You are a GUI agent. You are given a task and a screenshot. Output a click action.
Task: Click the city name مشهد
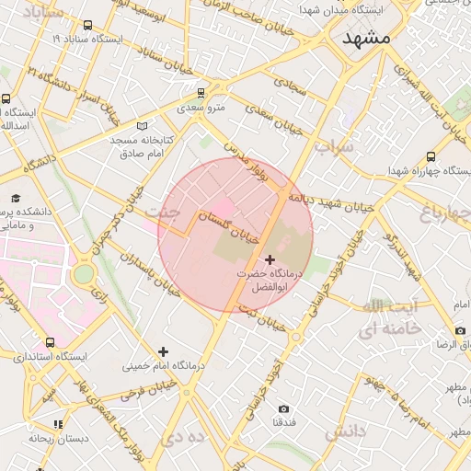[366, 38]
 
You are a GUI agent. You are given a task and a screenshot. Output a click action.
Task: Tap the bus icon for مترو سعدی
[201, 93]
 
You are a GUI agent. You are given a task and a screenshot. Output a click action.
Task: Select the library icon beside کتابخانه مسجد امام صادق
[141, 126]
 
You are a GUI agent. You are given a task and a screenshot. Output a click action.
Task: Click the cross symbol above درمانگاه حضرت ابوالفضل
[270, 260]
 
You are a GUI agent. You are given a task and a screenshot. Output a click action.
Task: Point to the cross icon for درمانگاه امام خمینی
[163, 351]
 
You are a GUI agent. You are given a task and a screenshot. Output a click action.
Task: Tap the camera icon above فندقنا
[283, 408]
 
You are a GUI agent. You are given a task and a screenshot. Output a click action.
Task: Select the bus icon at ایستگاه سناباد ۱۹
[87, 26]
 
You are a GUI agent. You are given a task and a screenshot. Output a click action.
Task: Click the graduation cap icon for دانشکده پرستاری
[16, 199]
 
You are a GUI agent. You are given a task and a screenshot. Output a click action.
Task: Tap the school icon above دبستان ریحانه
[58, 425]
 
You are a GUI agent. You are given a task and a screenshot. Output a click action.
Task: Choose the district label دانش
[345, 431]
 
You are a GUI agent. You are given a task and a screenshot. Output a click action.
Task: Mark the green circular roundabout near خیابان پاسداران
[84, 273]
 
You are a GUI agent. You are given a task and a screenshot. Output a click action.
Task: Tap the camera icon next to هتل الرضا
[460, 331]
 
